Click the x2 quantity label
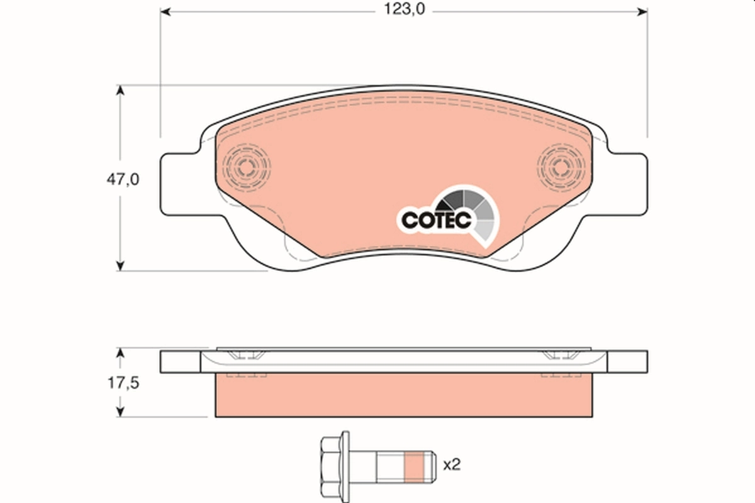452,465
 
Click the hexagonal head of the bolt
334,465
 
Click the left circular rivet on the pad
247,167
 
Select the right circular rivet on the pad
561,167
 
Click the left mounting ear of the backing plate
179,182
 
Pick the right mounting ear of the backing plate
629,182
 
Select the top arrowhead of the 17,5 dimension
120,352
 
